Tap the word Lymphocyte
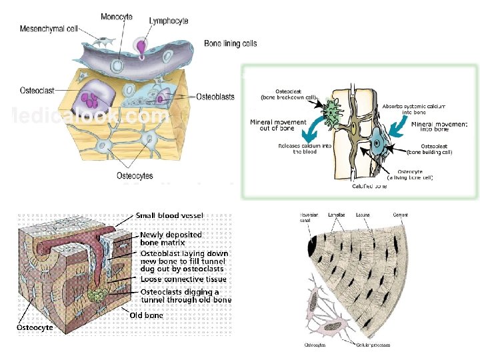pos(169,21)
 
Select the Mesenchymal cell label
pos(49,29)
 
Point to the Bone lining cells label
pos(230,43)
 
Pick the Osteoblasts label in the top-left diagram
pos(215,97)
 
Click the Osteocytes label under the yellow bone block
pos(135,176)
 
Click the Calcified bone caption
pos(369,187)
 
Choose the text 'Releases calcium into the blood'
pos(297,148)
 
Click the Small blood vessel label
pos(169,216)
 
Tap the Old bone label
pos(146,315)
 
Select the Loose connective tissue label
pos(183,279)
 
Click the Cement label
pos(401,215)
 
